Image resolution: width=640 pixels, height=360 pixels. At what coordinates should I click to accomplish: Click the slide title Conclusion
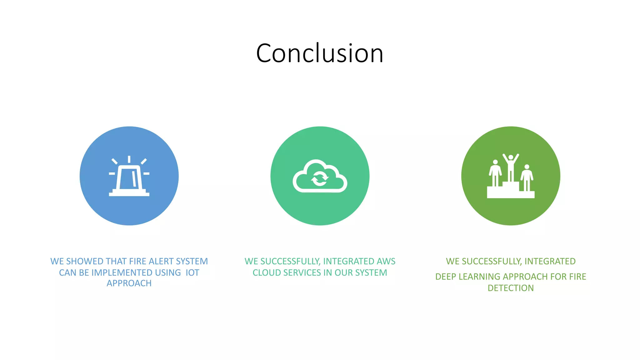(x=319, y=53)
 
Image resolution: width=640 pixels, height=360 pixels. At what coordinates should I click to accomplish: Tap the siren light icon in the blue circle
(x=129, y=177)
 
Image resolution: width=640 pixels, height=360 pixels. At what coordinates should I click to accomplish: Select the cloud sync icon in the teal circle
(x=320, y=177)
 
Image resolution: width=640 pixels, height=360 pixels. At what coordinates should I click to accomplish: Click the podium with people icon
(x=511, y=177)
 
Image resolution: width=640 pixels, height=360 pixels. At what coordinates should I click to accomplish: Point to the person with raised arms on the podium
(x=511, y=166)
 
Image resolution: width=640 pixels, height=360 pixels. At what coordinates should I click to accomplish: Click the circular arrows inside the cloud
(x=319, y=178)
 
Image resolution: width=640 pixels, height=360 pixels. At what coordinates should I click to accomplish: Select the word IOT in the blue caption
(x=192, y=272)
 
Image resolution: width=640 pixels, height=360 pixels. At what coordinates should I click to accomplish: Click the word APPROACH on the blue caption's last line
(x=129, y=283)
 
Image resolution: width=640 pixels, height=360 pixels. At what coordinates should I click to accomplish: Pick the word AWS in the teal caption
(x=386, y=261)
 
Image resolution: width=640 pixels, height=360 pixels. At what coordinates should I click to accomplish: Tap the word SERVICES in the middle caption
(x=300, y=272)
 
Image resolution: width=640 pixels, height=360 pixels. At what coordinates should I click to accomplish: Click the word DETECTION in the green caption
(x=511, y=288)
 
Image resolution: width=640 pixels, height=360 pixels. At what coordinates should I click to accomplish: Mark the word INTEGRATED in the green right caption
(x=550, y=261)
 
